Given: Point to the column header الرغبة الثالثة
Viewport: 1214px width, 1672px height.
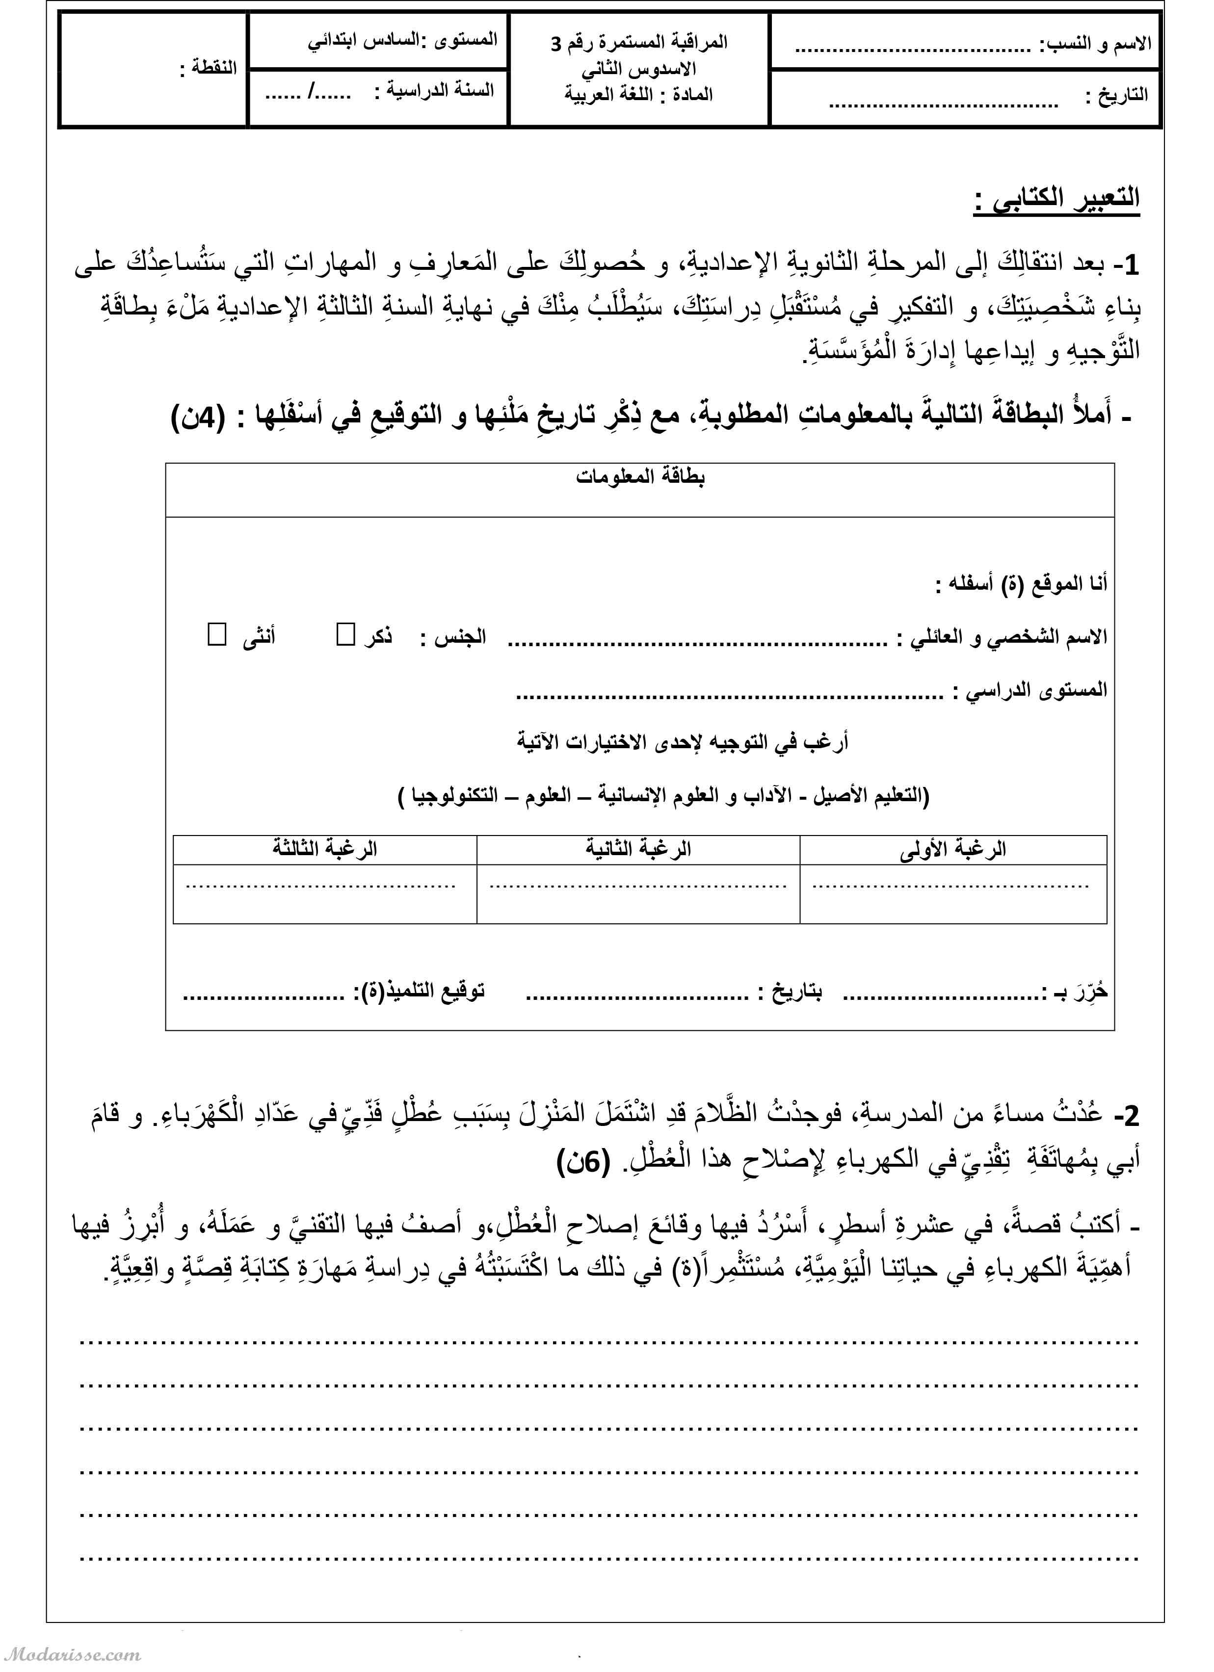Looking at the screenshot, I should (x=324, y=849).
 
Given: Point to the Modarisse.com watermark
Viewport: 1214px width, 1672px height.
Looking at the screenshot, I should (x=72, y=1653).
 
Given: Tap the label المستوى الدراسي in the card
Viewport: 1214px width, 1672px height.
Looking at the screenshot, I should (x=1029, y=691).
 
